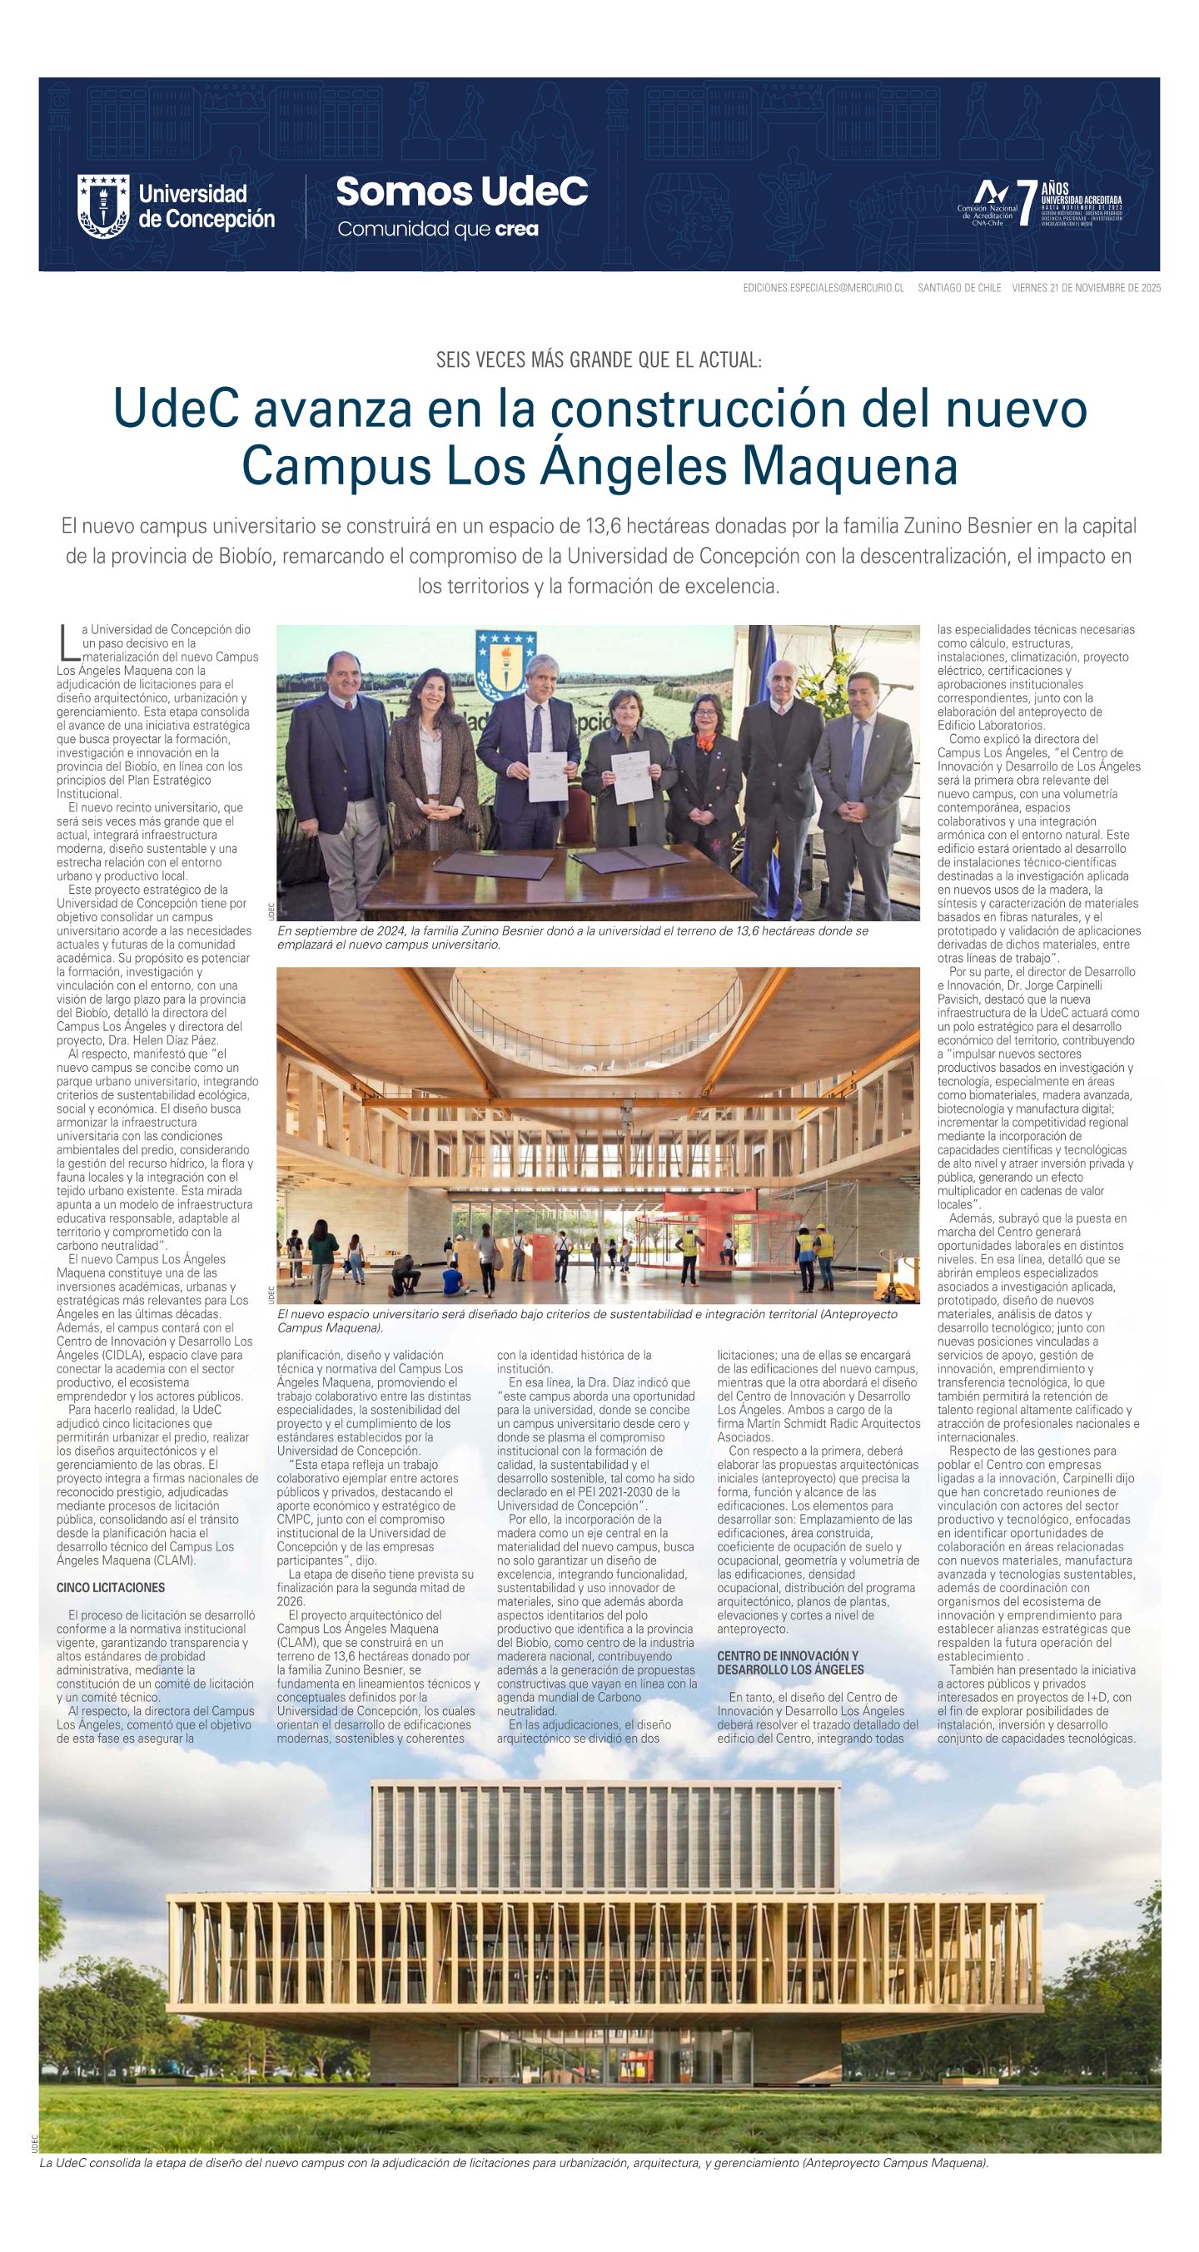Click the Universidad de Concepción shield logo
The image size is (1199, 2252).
pos(103,206)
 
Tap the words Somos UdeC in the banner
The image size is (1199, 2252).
pos(461,191)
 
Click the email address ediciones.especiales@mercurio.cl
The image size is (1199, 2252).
pos(822,288)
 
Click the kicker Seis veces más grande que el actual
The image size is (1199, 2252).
pos(599,360)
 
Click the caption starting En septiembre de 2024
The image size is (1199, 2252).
pos(572,937)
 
